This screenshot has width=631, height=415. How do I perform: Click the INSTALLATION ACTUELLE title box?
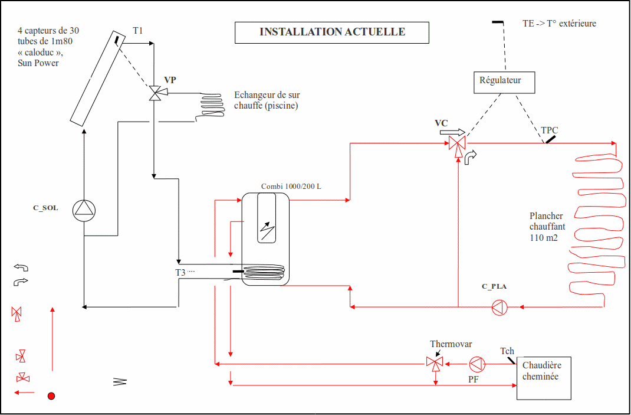333,32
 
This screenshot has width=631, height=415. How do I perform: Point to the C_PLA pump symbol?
500,308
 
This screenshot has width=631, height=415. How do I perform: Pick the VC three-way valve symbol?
458,144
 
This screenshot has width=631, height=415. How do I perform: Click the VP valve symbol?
154,93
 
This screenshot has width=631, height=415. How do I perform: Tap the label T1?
137,31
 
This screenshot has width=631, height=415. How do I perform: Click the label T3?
180,273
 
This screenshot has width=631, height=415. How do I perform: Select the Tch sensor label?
507,351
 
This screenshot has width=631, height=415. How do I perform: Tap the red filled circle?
51,396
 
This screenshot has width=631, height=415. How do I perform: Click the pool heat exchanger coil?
209,106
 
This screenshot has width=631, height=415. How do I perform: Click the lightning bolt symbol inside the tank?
267,231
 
